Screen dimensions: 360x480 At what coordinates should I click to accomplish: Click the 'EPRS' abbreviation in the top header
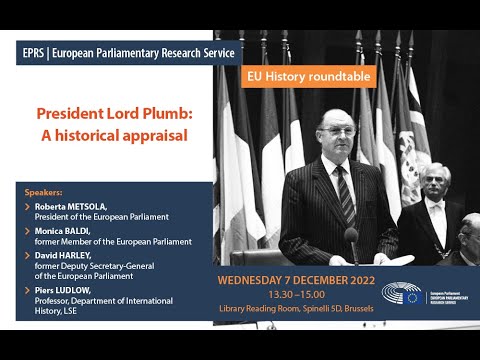[34, 52]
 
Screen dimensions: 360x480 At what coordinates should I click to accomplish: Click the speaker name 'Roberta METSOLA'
[71, 206]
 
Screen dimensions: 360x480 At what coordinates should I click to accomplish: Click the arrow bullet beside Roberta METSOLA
[26, 206]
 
